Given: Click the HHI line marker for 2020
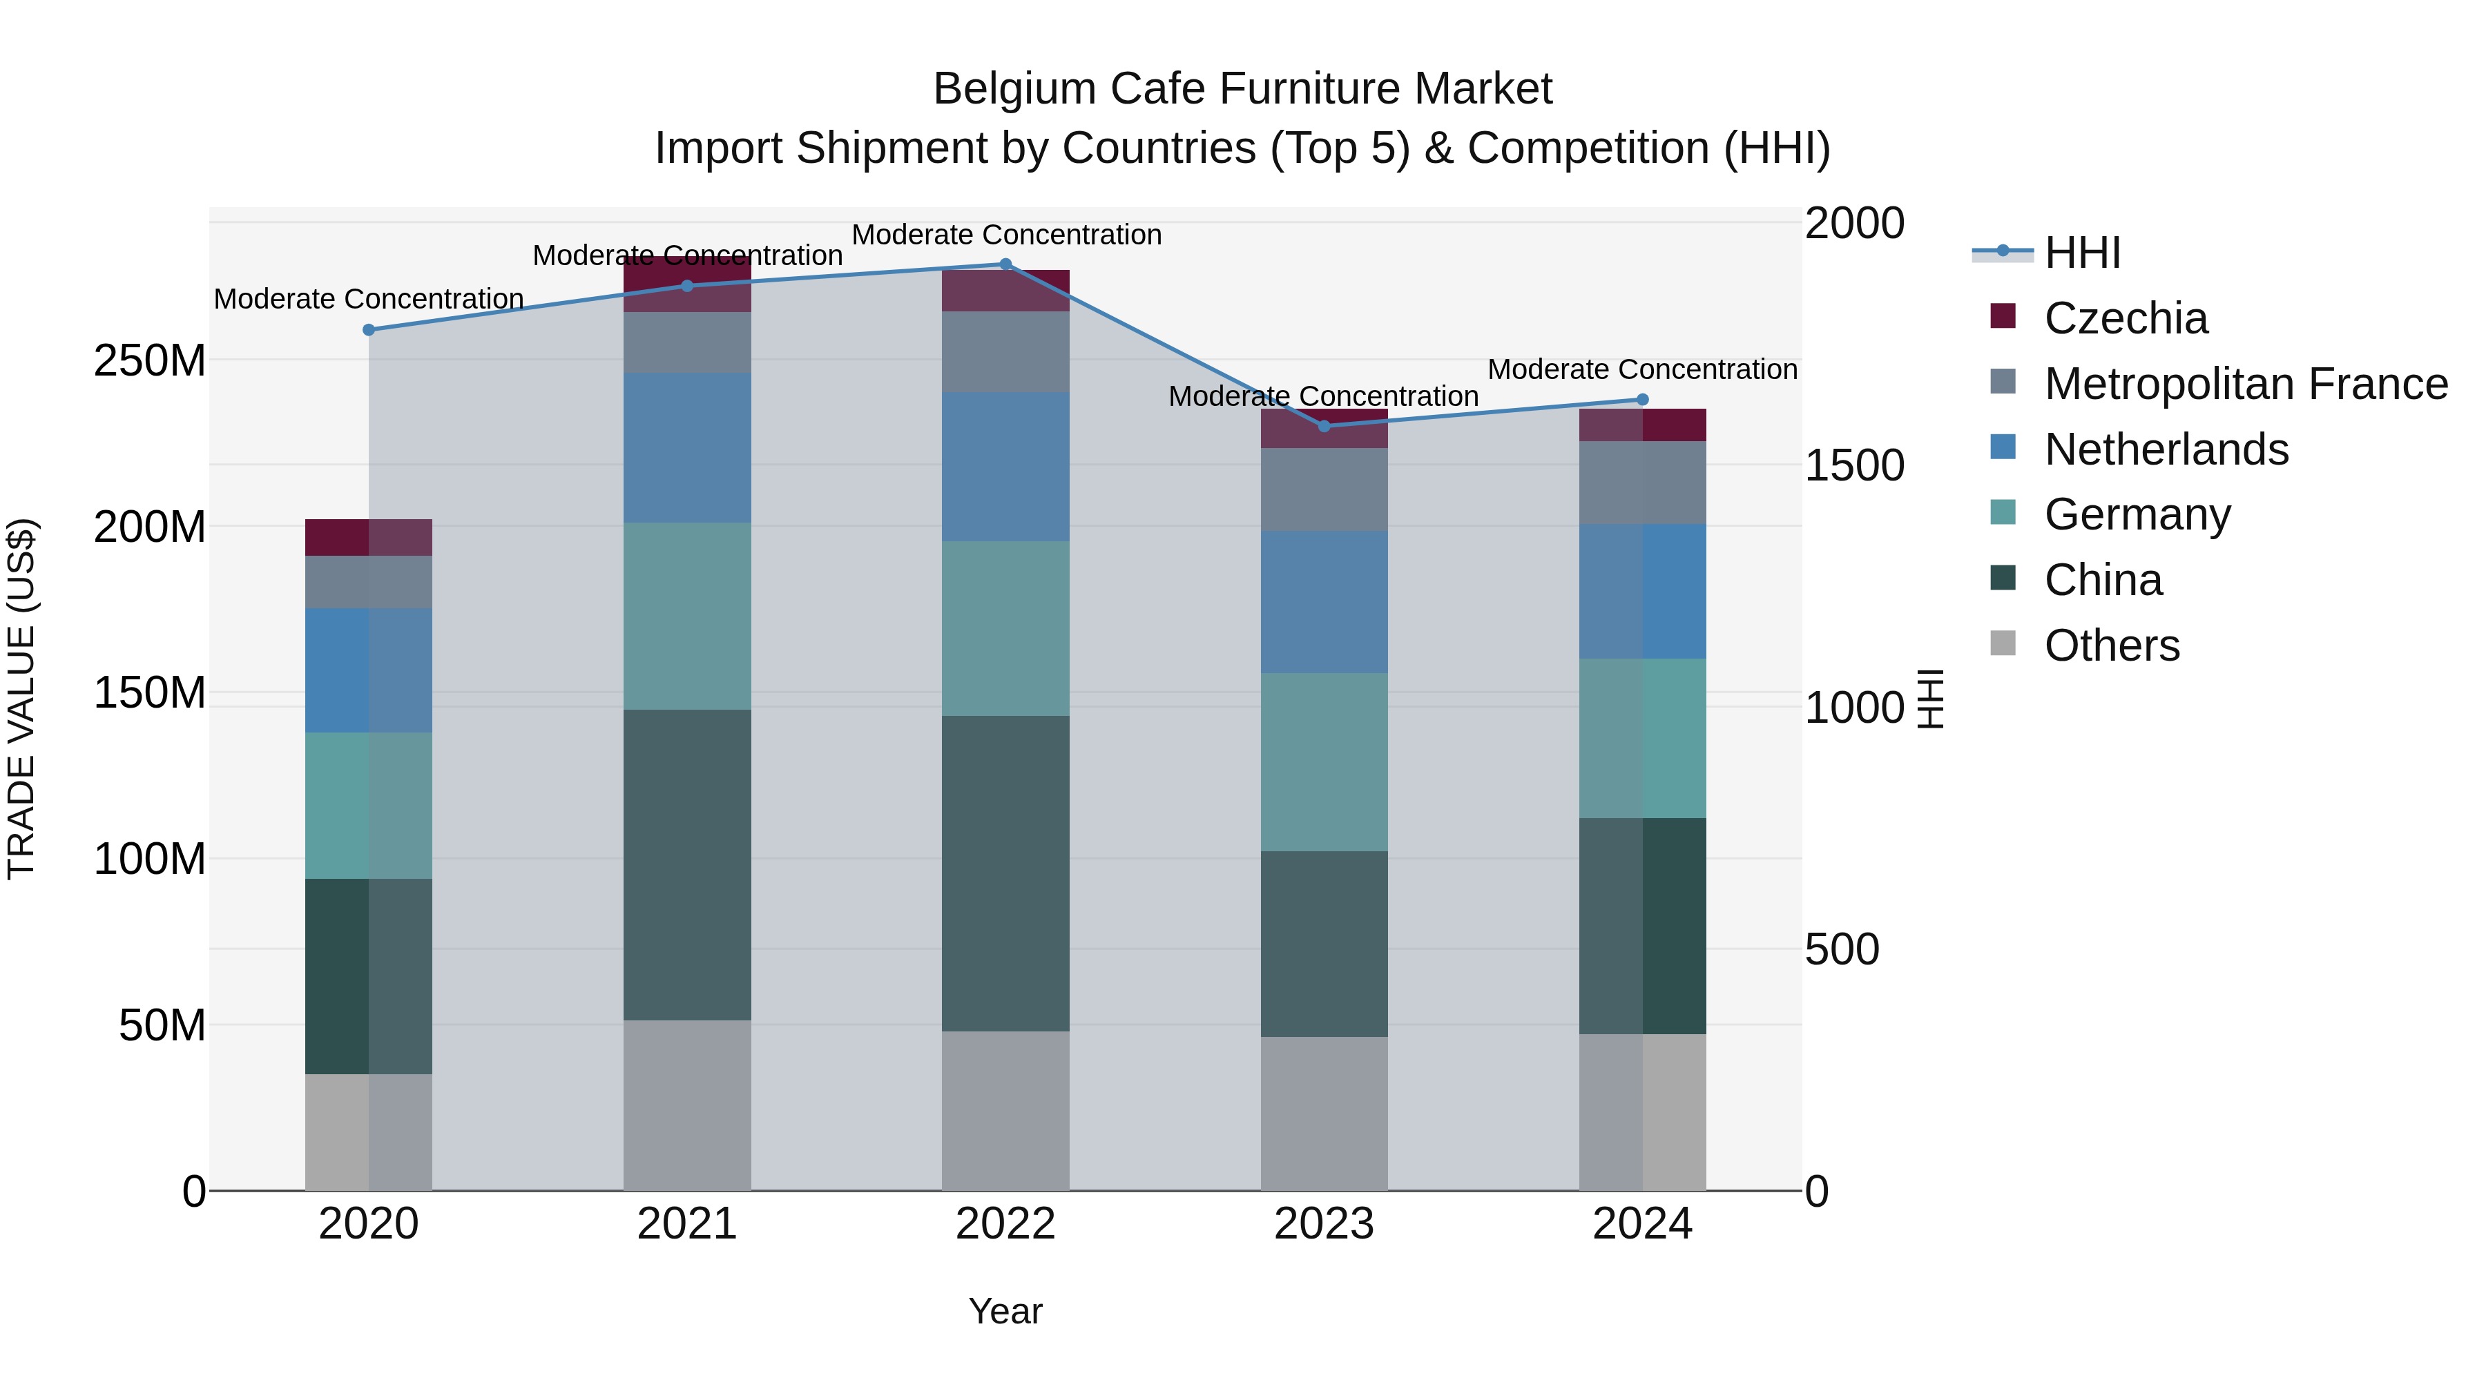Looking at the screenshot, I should [369, 330].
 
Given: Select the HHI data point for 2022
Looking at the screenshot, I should [1005, 264].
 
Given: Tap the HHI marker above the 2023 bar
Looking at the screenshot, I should [1324, 427].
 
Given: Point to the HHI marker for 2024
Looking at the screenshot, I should [1643, 400].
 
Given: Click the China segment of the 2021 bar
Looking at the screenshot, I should [687, 864].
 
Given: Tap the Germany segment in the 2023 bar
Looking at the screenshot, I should [1324, 762].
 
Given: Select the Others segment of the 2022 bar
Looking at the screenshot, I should [1005, 1111].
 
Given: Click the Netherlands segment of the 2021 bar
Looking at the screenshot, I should [687, 447].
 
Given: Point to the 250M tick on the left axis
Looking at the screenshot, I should [150, 361].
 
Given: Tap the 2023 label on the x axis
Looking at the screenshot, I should [1324, 1224].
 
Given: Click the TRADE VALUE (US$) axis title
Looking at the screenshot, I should [21, 699].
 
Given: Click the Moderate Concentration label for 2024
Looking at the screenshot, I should [1643, 369].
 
